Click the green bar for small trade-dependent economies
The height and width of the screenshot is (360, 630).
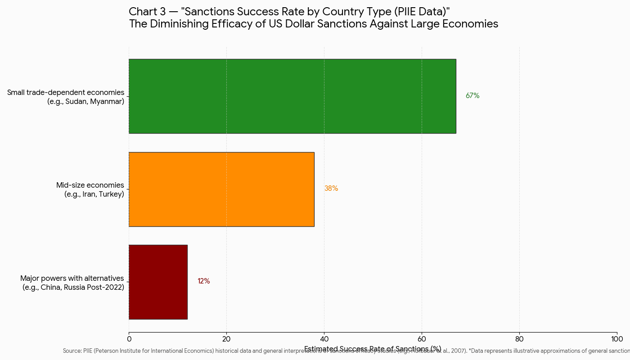pyautogui.click(x=292, y=96)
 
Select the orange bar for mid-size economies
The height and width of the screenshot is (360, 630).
pyautogui.click(x=221, y=189)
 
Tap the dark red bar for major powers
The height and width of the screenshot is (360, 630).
pyautogui.click(x=158, y=282)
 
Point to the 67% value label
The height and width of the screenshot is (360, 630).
pyautogui.click(x=472, y=96)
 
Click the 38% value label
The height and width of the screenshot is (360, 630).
pyautogui.click(x=331, y=189)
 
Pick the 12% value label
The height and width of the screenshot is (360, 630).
pyautogui.click(x=203, y=281)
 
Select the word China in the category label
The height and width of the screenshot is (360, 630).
pyautogui.click(x=52, y=288)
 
